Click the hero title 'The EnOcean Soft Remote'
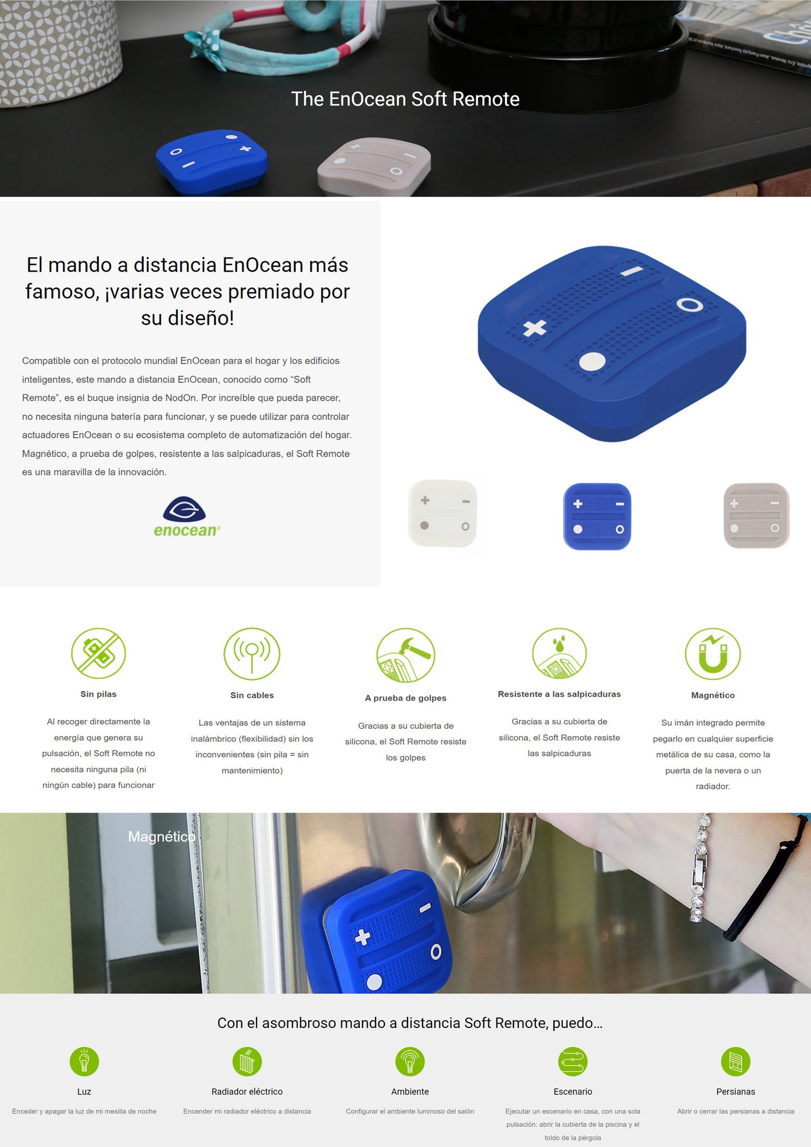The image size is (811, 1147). [405, 99]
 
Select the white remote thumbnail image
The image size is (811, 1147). [443, 513]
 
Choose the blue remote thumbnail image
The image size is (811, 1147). [597, 516]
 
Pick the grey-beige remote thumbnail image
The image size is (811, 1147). [757, 515]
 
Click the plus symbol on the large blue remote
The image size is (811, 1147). [534, 328]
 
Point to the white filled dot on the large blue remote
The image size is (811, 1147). [592, 361]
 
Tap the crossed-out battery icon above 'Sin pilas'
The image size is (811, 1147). [98, 653]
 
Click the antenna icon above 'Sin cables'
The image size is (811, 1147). [252, 654]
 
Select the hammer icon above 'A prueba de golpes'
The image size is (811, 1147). [406, 655]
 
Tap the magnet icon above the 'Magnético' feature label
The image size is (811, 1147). [713, 654]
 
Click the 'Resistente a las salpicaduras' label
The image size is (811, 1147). [559, 694]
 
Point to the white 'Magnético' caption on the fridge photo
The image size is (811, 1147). [162, 837]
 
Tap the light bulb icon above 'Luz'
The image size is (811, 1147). [84, 1062]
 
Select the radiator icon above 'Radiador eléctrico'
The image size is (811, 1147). [247, 1062]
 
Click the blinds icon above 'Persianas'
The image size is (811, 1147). [736, 1062]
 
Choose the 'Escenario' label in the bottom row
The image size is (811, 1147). [572, 1091]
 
